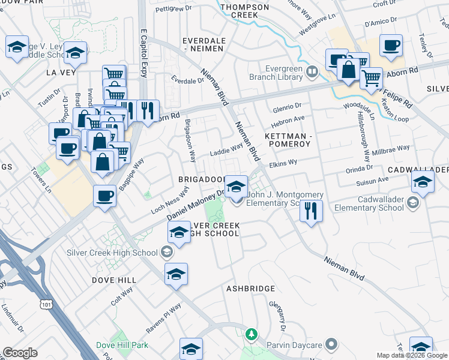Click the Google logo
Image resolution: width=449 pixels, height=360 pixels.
20,353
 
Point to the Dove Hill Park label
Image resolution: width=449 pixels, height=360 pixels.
122,346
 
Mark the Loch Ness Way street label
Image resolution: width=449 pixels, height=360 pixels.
170,200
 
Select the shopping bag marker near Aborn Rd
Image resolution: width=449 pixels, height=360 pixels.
348,70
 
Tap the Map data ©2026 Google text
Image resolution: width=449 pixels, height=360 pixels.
412,355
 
